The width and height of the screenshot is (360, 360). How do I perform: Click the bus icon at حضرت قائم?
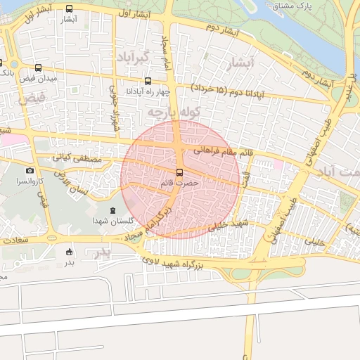(x=179, y=172)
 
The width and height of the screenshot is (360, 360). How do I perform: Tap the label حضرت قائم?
(x=179, y=183)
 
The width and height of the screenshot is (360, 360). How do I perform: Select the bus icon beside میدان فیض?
(x=37, y=69)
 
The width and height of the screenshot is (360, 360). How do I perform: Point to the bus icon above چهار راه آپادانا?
(x=147, y=82)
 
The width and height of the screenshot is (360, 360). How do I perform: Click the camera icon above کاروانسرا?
(x=30, y=171)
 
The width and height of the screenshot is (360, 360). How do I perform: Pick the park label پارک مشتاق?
(x=292, y=6)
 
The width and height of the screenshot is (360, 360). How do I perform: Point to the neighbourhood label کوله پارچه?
(x=171, y=112)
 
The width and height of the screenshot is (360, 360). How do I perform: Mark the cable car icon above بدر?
(x=69, y=252)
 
